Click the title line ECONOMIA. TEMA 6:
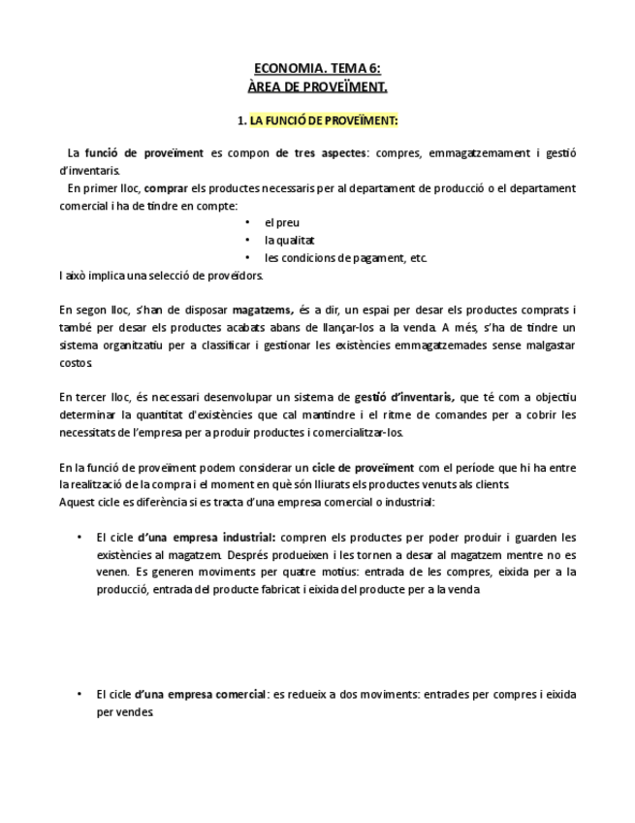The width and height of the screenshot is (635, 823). (x=317, y=68)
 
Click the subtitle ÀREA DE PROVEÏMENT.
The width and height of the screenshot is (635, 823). (x=317, y=86)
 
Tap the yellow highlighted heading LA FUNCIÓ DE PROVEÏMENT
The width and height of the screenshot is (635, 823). (x=324, y=120)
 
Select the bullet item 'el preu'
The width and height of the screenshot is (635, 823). (x=282, y=222)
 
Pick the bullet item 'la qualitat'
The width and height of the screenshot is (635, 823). (x=290, y=240)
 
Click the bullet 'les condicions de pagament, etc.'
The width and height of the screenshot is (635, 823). (x=345, y=257)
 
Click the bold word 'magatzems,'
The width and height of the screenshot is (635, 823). (x=263, y=310)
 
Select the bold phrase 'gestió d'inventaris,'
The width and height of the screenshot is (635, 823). (x=404, y=397)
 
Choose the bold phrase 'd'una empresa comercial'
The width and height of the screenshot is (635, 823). (x=202, y=694)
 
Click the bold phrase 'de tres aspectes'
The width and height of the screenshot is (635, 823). (x=322, y=152)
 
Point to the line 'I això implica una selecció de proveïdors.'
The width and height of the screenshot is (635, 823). (x=161, y=275)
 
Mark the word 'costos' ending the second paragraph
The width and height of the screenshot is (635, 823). (x=76, y=362)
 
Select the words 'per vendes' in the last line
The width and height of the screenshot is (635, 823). (x=125, y=711)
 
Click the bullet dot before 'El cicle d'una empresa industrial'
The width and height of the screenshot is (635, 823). (x=79, y=537)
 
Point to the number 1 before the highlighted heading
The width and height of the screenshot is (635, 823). (x=241, y=120)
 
